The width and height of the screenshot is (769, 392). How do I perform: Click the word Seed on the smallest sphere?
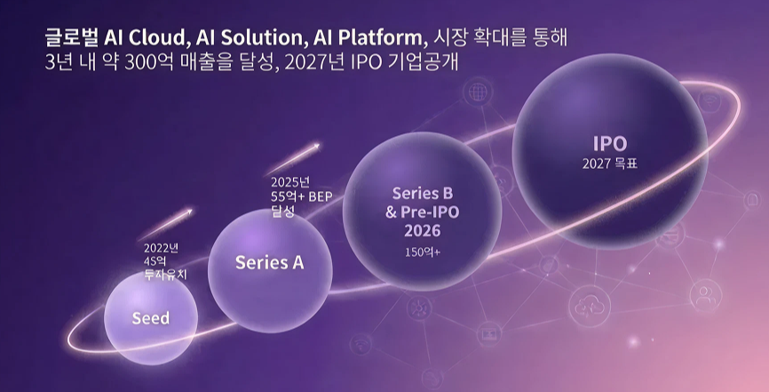(151, 318)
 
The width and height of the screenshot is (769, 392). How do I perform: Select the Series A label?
(269, 263)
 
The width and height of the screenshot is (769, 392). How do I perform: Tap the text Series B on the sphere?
(423, 194)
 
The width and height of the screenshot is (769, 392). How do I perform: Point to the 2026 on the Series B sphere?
(423, 231)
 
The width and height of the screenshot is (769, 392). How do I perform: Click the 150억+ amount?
(423, 252)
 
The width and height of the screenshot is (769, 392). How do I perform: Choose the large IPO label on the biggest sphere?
(610, 143)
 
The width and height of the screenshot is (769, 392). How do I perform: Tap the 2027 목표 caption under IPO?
(610, 164)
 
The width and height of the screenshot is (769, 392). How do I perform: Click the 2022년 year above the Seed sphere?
(161, 248)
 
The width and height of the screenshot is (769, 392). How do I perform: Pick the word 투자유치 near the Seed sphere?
(165, 275)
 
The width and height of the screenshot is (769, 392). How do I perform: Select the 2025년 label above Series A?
(290, 183)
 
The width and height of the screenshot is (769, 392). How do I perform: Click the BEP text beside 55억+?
(321, 197)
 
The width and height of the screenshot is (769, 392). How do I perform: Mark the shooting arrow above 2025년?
(293, 158)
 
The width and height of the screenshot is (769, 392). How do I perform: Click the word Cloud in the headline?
(157, 37)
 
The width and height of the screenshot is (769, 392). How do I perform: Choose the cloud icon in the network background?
(590, 307)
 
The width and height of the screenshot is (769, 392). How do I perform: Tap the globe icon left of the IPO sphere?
(478, 92)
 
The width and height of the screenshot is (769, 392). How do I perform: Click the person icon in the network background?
(705, 296)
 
